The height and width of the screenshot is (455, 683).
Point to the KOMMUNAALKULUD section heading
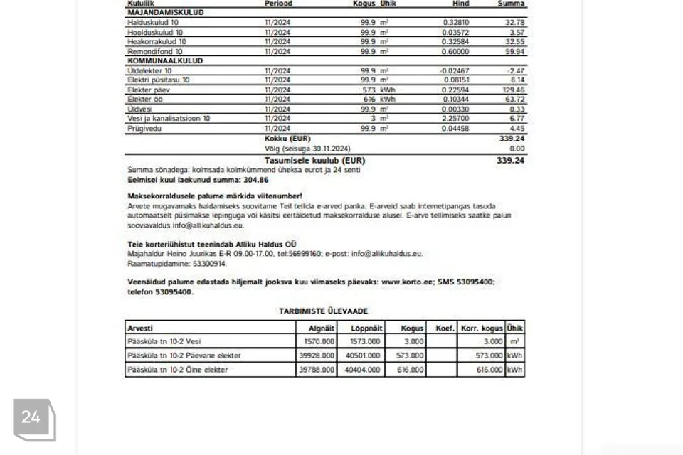(165, 61)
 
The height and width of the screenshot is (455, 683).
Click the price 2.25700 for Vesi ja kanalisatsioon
(456, 119)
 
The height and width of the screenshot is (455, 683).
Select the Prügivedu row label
(143, 129)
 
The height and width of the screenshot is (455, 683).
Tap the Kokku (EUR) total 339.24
(512, 139)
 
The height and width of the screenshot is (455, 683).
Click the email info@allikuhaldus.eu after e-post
(387, 253)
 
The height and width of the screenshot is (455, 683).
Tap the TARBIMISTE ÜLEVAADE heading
(324, 311)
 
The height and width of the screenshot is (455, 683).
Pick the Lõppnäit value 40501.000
(363, 355)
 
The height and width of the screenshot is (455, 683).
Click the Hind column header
(461, 4)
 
